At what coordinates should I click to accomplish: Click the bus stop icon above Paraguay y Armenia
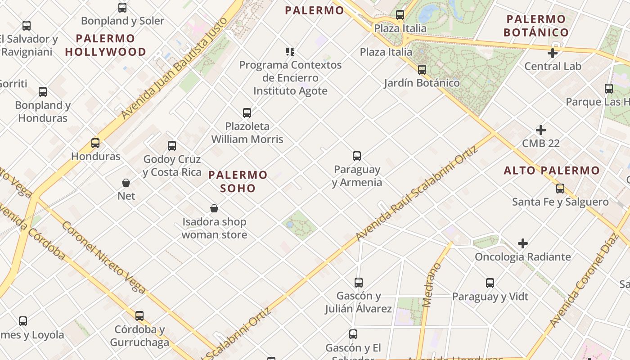pyautogui.click(x=357, y=156)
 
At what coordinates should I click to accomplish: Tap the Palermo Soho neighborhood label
pyautogui.click(x=238, y=181)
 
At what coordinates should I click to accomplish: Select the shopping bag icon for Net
pyautogui.click(x=126, y=183)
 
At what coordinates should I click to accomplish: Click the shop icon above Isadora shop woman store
pyautogui.click(x=214, y=208)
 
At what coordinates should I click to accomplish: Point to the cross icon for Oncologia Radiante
pyautogui.click(x=522, y=243)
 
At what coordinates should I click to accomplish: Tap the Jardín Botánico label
pyautogui.click(x=422, y=83)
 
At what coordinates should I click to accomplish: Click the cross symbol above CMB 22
pyautogui.click(x=541, y=130)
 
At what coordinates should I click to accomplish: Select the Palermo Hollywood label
pyautogui.click(x=106, y=45)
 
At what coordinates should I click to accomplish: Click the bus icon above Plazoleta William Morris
pyautogui.click(x=247, y=112)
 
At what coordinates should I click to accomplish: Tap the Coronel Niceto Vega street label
pyautogui.click(x=103, y=257)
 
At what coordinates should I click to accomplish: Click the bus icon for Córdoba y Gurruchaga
pyautogui.click(x=139, y=315)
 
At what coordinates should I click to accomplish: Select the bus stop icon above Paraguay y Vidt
pyautogui.click(x=490, y=283)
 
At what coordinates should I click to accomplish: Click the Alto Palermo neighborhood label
pyautogui.click(x=552, y=171)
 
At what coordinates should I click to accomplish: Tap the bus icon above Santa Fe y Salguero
pyautogui.click(x=560, y=188)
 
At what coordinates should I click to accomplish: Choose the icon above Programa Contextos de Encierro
pyautogui.click(x=290, y=51)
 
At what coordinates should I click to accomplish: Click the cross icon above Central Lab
pyautogui.click(x=553, y=53)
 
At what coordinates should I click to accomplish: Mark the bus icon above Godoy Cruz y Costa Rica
pyautogui.click(x=172, y=145)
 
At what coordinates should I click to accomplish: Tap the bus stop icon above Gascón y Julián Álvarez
pyautogui.click(x=358, y=283)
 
